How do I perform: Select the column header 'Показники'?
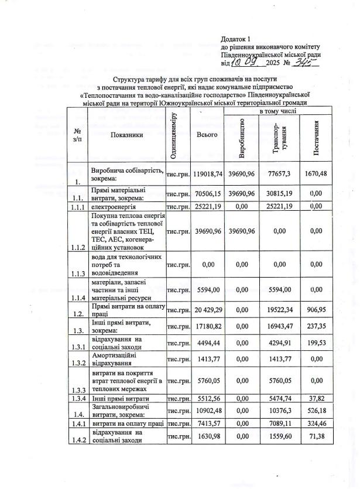click(x=125, y=134)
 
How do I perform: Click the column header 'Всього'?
click(x=208, y=134)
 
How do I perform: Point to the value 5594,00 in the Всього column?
click(x=208, y=289)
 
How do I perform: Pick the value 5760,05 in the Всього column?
click(x=208, y=382)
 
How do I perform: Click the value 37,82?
click(x=316, y=398)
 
